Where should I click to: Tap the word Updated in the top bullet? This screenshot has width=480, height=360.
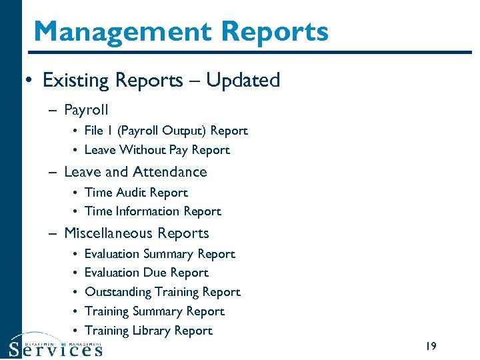pos(243,81)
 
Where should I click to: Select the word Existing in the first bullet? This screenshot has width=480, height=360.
pos(76,81)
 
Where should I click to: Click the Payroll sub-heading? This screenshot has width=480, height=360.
pos(86,110)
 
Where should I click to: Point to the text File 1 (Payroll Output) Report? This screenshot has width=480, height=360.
pos(166,131)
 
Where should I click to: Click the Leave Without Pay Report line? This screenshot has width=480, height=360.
pos(157,151)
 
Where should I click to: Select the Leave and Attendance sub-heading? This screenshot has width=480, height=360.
pos(135,172)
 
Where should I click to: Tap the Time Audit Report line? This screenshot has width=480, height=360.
pos(136,193)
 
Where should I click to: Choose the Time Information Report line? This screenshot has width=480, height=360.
pos(153,211)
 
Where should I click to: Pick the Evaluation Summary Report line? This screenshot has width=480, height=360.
pos(160,254)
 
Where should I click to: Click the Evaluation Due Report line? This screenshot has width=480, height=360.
pos(147,273)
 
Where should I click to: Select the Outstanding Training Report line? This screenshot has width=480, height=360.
pos(163,292)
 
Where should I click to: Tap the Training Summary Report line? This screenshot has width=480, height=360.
pos(155,311)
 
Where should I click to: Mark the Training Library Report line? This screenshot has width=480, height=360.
pos(149,331)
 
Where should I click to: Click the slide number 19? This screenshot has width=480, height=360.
pos(430,346)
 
